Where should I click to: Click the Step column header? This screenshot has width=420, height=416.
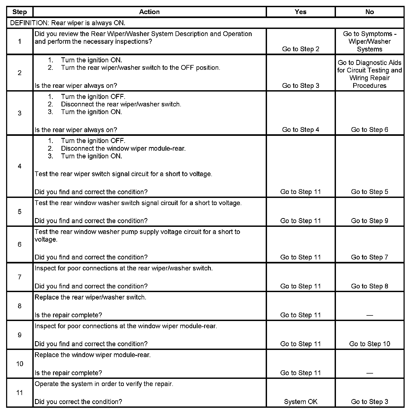(20, 12)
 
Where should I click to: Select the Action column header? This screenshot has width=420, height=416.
(149, 12)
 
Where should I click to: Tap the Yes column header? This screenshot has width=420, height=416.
(300, 12)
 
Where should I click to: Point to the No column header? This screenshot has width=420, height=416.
(369, 12)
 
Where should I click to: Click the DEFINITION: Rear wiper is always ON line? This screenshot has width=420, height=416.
(68, 23)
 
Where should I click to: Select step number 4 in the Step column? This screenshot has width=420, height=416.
(20, 166)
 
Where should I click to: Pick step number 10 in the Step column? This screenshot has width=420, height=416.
(20, 364)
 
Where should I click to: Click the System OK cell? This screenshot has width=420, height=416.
(300, 402)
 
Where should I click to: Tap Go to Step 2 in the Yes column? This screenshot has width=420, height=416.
(300, 49)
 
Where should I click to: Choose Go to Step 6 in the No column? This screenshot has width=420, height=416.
(369, 130)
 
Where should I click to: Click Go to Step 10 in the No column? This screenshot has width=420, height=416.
(369, 344)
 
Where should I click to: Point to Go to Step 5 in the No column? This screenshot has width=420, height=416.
(369, 192)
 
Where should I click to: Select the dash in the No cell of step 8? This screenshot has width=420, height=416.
(369, 315)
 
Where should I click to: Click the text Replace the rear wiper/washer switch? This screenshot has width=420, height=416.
(90, 297)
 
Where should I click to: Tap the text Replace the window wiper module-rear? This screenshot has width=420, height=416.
(93, 355)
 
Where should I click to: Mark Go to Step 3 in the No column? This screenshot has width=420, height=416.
(369, 402)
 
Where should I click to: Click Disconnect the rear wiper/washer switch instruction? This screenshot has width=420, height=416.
(121, 104)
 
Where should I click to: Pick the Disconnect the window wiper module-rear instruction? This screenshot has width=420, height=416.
(123, 149)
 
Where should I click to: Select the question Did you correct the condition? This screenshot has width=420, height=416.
(78, 402)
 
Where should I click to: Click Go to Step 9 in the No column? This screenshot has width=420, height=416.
(369, 221)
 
